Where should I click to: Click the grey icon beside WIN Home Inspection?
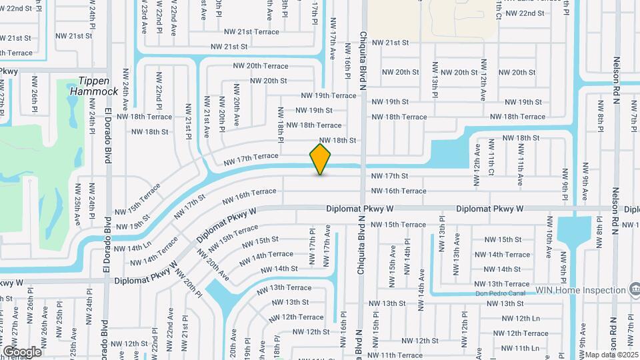coord(636,289)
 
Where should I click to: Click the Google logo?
coord(21,351)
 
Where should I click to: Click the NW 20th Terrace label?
coord(261,66)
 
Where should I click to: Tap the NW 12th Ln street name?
coord(517,319)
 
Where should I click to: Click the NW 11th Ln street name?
coord(517,348)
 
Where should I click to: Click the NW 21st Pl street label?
coord(189,121)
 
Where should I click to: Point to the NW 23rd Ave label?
coord(144,17)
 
